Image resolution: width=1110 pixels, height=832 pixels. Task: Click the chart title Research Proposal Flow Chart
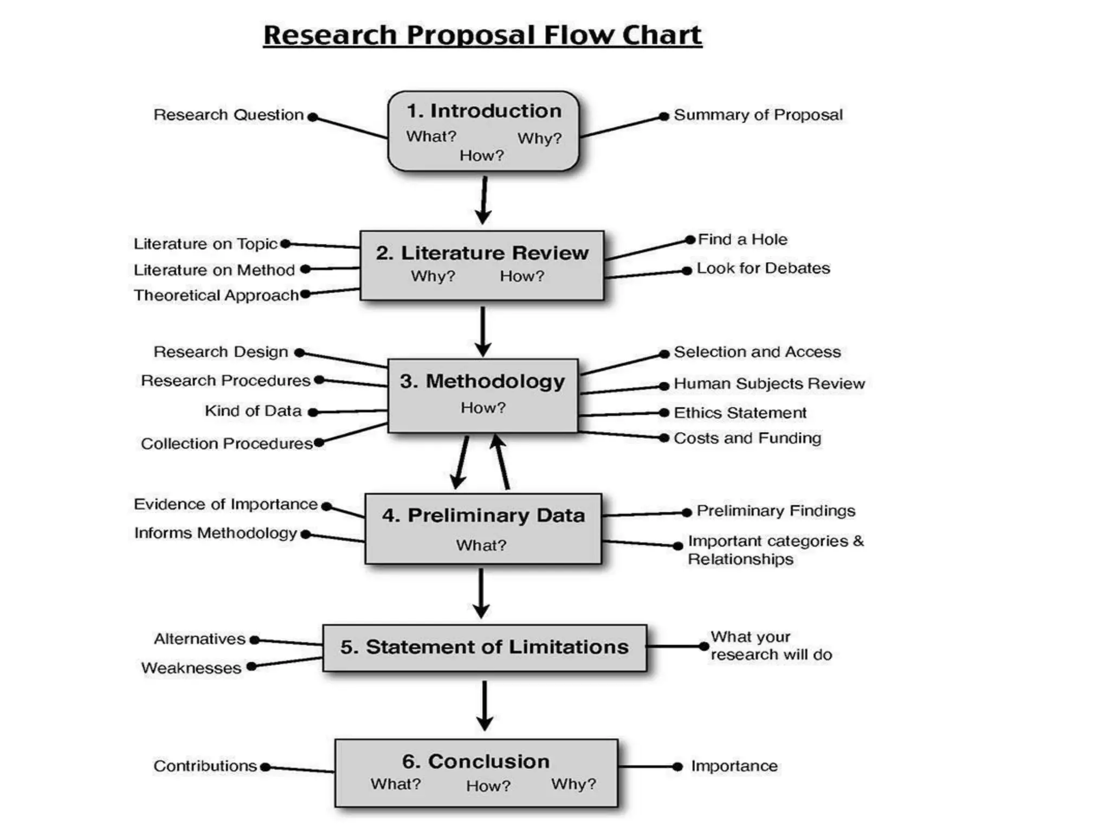click(x=482, y=36)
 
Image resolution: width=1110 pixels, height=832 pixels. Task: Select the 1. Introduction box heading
click(x=483, y=111)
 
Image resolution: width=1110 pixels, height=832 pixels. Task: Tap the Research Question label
click(x=228, y=115)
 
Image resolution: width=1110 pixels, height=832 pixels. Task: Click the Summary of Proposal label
click(x=758, y=115)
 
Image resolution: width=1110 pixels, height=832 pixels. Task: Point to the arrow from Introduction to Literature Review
click(x=483, y=200)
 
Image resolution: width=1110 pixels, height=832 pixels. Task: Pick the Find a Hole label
click(x=742, y=239)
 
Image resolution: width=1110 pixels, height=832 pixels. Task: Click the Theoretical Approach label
click(x=216, y=295)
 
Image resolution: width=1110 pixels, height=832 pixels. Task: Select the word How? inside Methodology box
click(x=483, y=408)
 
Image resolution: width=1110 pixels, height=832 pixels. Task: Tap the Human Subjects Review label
click(x=769, y=384)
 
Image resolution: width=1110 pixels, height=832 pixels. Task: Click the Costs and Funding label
click(x=747, y=438)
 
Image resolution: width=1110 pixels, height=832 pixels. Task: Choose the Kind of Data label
click(x=253, y=411)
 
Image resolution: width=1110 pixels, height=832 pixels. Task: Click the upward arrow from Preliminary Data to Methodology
click(x=502, y=461)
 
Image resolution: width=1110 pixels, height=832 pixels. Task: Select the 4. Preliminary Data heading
click(x=483, y=516)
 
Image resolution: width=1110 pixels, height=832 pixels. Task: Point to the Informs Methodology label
click(x=216, y=534)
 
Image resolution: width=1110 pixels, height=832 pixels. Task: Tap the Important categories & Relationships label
click(x=775, y=550)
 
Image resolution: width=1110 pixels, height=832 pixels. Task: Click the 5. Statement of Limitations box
click(x=484, y=647)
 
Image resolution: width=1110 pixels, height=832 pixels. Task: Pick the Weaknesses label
click(x=191, y=668)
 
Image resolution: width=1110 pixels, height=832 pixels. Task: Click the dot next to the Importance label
click(x=677, y=766)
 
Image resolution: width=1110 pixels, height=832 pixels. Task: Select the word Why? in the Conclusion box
click(x=573, y=784)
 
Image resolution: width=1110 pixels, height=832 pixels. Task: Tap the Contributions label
click(x=205, y=766)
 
